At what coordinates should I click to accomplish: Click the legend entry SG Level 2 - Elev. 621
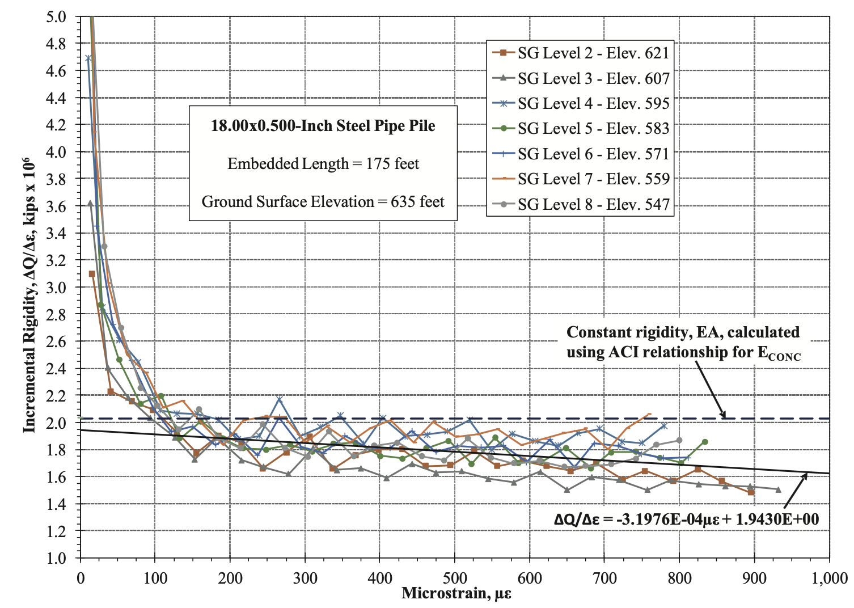click(x=593, y=53)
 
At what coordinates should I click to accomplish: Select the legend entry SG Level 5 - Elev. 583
click(x=593, y=129)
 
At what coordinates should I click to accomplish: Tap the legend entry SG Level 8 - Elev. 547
click(x=593, y=204)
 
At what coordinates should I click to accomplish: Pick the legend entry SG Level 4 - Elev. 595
click(x=593, y=104)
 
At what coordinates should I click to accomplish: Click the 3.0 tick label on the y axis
click(x=56, y=288)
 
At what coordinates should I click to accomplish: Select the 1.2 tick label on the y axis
click(x=56, y=531)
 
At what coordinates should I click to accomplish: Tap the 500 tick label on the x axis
click(x=455, y=578)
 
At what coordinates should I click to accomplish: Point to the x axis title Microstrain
click(x=456, y=594)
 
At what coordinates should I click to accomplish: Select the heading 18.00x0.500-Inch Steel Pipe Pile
click(x=323, y=126)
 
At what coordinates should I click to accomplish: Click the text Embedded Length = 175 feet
click(x=323, y=164)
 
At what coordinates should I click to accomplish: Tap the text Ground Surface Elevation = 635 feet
click(x=323, y=202)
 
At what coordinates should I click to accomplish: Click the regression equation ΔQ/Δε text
click(x=686, y=519)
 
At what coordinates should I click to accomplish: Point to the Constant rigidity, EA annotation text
click(x=683, y=342)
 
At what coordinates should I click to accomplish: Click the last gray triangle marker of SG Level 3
click(x=778, y=489)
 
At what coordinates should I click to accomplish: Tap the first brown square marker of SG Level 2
click(x=92, y=274)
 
